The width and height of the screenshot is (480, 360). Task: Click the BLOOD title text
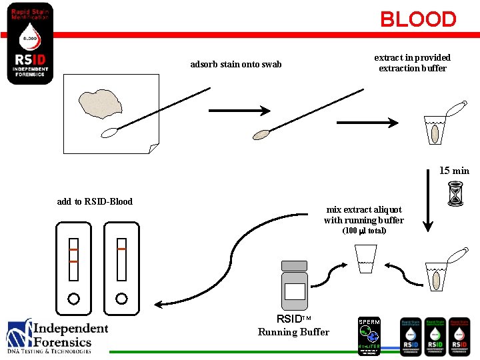[x=418, y=19]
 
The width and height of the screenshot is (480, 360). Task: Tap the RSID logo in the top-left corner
[x=30, y=43]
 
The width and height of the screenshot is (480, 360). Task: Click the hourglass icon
[x=457, y=194]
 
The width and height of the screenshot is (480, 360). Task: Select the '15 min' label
[x=454, y=171]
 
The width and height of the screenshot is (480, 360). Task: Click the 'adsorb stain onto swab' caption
[x=235, y=65]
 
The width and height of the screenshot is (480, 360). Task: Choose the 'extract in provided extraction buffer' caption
[x=412, y=63]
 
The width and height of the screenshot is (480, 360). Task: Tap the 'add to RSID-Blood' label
[x=95, y=201]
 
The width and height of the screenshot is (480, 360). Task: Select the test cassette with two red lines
[x=73, y=267]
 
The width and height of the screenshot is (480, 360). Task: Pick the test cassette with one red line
[x=121, y=267]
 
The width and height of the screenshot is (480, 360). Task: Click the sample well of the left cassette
[x=73, y=298]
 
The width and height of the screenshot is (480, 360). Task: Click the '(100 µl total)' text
[x=364, y=231]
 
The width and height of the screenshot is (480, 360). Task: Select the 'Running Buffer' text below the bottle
[x=293, y=332]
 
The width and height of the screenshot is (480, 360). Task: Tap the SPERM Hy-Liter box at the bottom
[x=369, y=335]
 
